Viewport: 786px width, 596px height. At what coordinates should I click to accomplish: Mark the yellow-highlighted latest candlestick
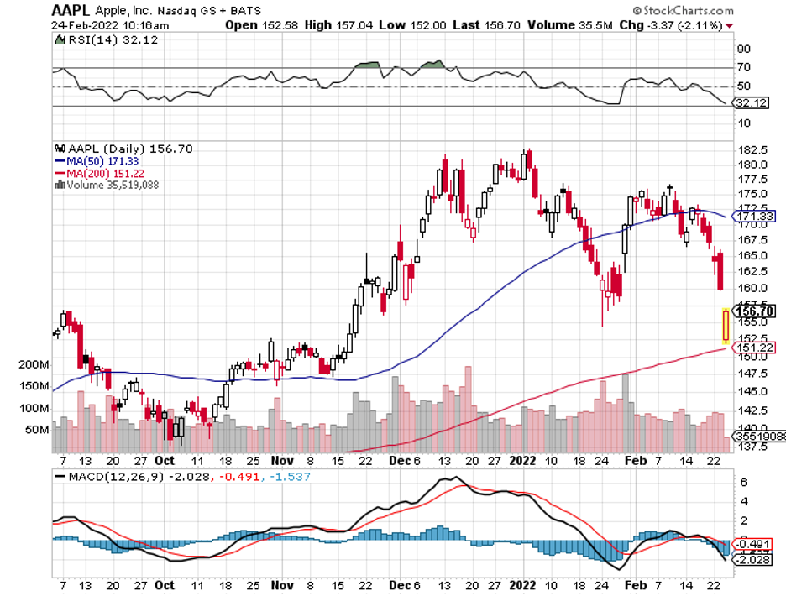(726, 326)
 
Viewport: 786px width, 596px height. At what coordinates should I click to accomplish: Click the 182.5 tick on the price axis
(753, 148)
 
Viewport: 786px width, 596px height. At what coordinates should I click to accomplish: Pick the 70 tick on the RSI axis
(743, 67)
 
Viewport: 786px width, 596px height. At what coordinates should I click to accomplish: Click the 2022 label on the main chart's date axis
(523, 460)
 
